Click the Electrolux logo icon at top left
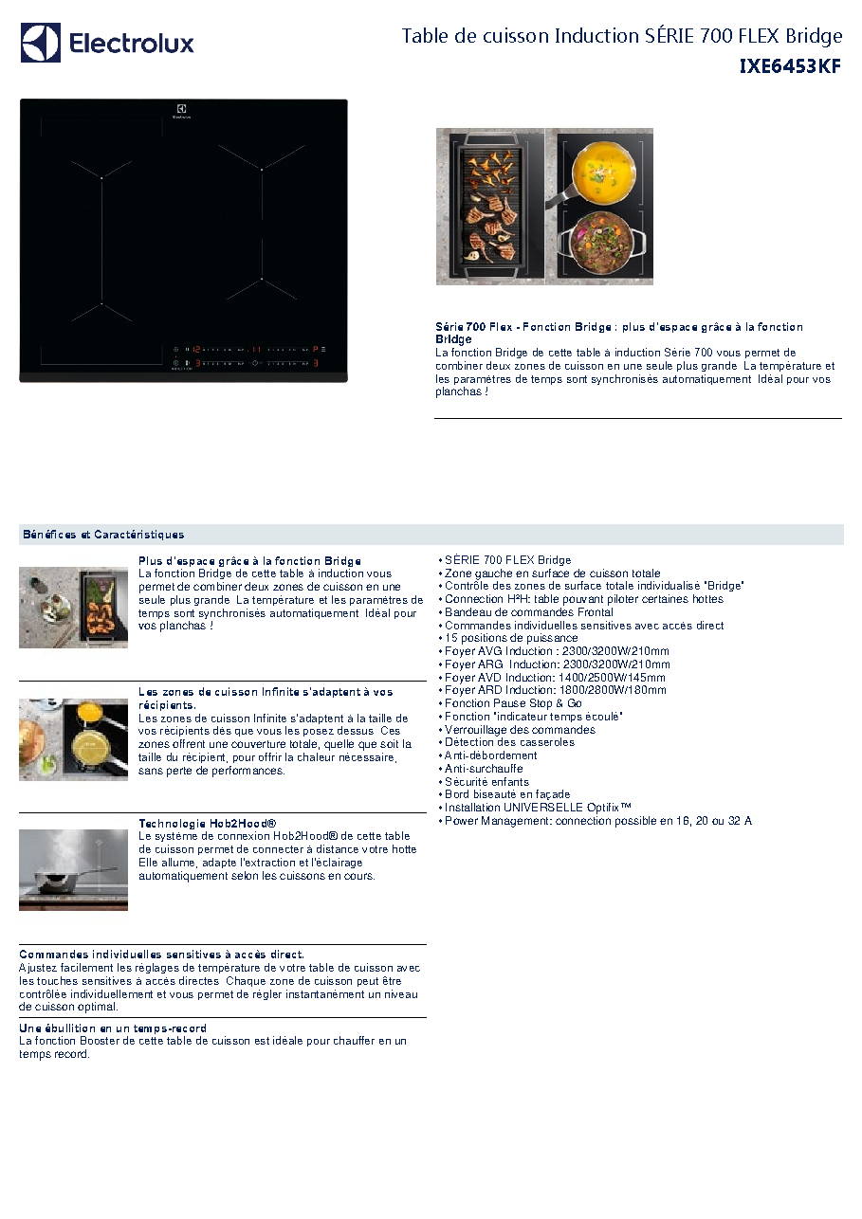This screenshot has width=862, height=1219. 40,43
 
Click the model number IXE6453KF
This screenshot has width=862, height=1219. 790,66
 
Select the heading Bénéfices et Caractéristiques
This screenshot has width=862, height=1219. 103,535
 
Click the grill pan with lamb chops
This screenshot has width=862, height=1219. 490,207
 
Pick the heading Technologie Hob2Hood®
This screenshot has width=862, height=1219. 208,824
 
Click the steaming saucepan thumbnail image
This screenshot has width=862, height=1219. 74,869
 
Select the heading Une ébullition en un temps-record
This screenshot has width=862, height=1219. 113,1028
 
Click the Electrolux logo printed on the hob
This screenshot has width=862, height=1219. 181,111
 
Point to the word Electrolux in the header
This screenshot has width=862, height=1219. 131,44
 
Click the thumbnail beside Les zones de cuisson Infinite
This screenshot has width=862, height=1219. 74,739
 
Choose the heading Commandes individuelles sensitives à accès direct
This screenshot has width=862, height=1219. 162,955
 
